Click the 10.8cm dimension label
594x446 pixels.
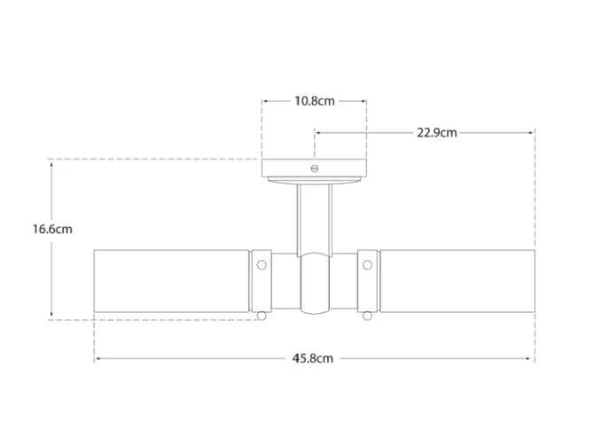point(314,101)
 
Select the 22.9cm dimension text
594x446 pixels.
point(437,133)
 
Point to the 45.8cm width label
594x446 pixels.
point(313,359)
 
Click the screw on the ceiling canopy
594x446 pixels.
point(314,167)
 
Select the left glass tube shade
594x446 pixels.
point(172,280)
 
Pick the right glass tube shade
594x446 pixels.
point(457,280)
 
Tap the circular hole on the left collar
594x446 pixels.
point(262,263)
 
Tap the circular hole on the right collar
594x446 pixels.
point(367,263)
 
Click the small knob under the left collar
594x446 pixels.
point(262,316)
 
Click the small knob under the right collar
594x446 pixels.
point(367,316)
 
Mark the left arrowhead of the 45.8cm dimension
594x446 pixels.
point(97,359)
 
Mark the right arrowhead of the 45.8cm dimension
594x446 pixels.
point(532,359)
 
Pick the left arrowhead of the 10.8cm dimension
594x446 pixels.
point(264,101)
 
